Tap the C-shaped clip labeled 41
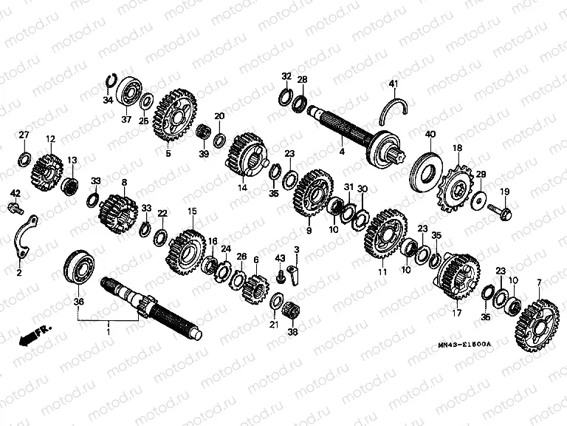(x=393, y=111)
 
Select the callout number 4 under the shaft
(x=342, y=152)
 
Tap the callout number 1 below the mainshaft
(x=109, y=327)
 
